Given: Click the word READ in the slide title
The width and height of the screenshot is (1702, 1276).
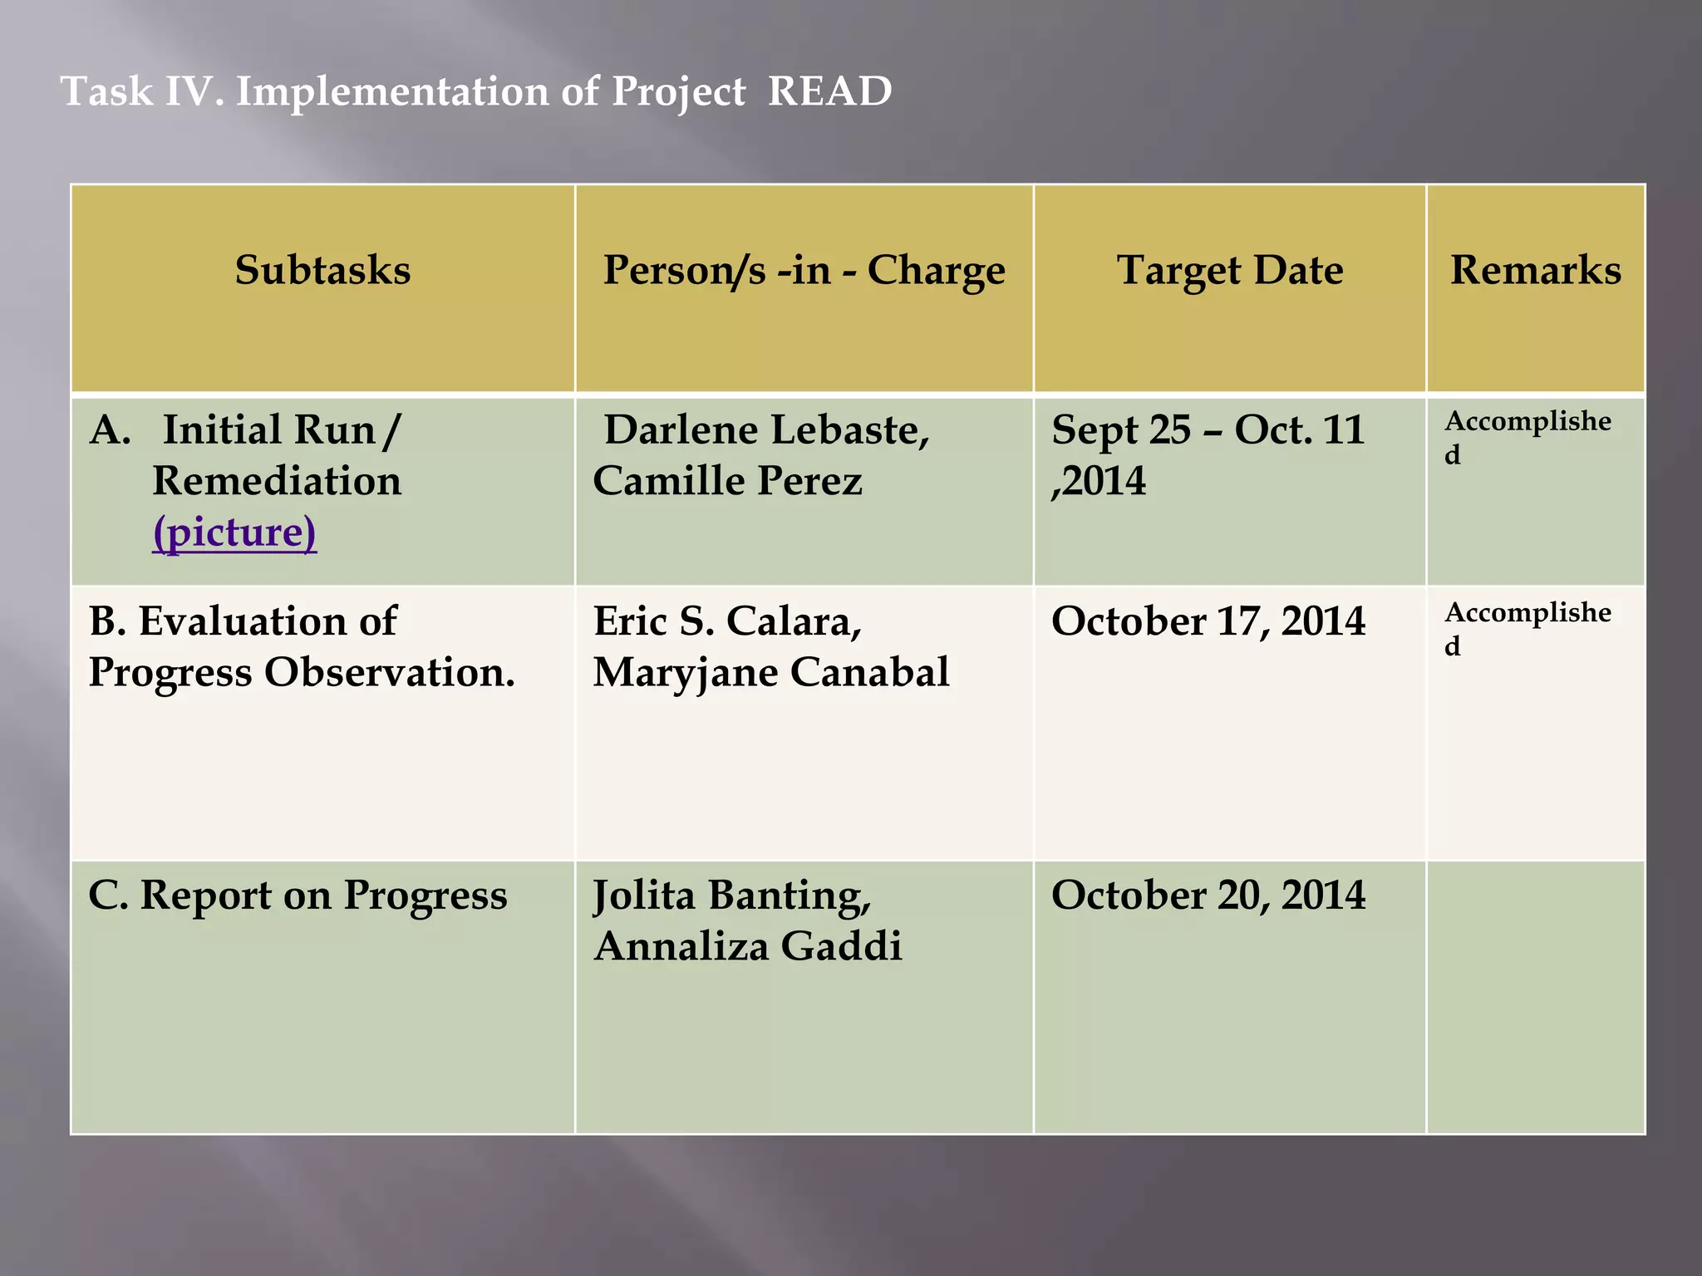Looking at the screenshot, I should point(829,91).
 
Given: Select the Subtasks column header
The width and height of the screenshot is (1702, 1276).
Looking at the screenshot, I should point(322,271).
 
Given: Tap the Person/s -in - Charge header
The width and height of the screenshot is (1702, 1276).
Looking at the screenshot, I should point(804,271).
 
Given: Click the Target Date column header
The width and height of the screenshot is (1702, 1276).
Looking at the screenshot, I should point(1229,271).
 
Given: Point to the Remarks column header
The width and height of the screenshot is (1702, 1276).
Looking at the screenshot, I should point(1535,271).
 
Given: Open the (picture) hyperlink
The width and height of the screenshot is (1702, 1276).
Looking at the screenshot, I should point(234,532).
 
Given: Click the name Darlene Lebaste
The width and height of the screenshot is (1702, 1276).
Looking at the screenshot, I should point(765,430).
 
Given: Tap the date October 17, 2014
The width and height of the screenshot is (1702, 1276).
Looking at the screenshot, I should point(1208,621).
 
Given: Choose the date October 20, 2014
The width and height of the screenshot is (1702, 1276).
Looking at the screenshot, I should point(1208,896).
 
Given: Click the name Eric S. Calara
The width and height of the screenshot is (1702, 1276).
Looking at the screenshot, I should point(727,621).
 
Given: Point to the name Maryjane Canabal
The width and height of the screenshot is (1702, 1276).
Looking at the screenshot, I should point(770,673).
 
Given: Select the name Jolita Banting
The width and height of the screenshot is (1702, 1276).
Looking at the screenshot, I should point(731,896).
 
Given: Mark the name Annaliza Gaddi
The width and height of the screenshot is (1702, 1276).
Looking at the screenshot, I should point(748,947).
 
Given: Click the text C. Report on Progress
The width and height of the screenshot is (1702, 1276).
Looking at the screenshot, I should point(298,896).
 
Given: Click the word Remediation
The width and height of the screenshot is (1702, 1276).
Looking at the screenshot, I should point(277,482).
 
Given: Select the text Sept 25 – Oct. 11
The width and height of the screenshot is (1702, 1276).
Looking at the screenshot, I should point(1208,430).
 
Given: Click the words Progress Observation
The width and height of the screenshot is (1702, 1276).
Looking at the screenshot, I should point(302,673).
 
